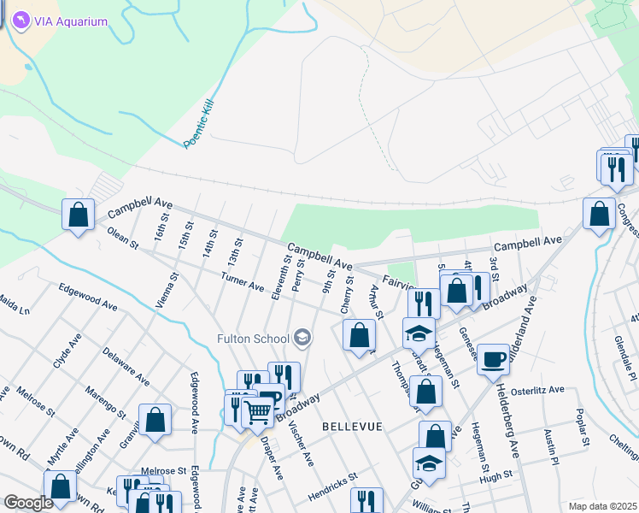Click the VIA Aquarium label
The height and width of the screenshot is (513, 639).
tap(71, 21)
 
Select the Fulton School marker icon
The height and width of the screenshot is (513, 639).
tap(301, 339)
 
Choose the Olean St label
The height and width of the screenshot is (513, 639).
tap(123, 239)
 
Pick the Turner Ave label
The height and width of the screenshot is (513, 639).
tap(242, 281)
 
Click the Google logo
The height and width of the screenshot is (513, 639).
tap(28, 503)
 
